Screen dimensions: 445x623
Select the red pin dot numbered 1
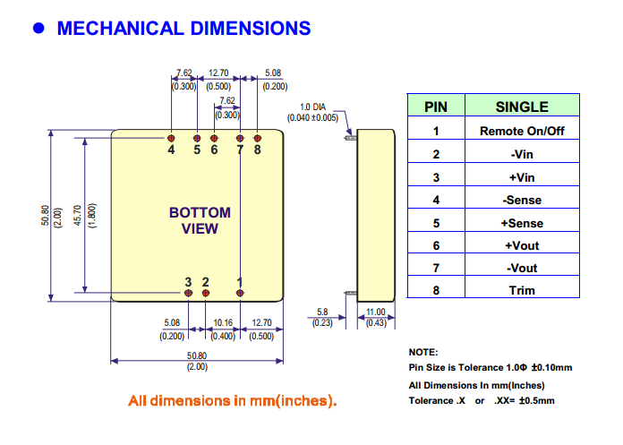240,292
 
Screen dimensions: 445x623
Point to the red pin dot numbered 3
188,292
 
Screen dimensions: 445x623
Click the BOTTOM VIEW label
200,220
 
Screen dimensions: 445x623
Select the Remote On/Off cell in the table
522,131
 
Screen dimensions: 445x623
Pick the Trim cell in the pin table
522,290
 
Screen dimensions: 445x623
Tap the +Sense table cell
522,223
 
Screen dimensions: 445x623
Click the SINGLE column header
522,107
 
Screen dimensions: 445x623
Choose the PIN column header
436,107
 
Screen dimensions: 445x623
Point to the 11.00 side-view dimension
376,312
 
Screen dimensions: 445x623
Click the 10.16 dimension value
223,323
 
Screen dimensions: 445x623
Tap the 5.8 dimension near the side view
322,312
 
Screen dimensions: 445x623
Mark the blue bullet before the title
38,28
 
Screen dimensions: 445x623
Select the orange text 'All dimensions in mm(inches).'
232,399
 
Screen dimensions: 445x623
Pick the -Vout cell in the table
522,268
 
